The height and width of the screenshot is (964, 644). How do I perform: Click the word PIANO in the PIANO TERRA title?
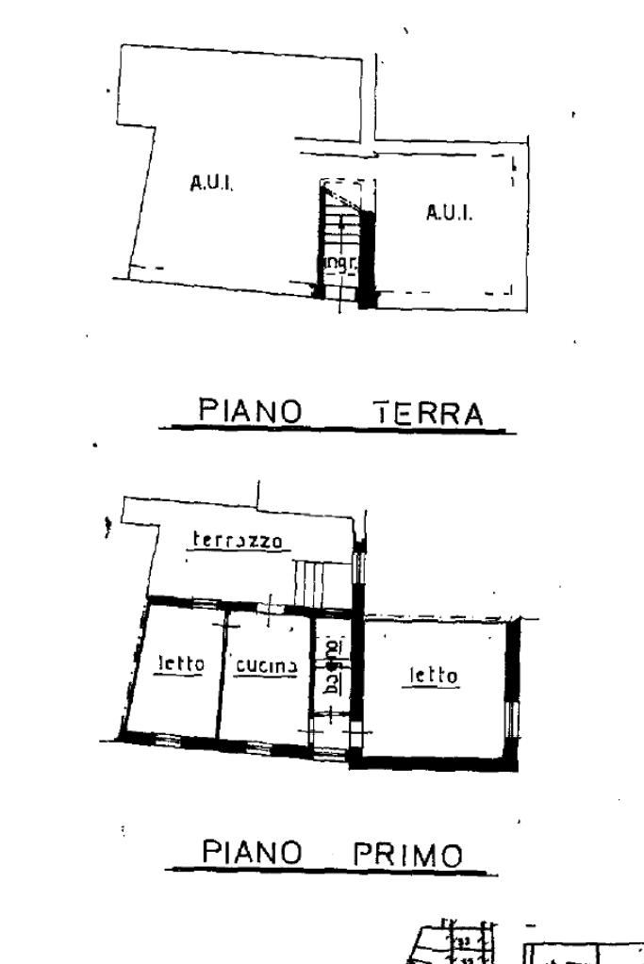coord(250,412)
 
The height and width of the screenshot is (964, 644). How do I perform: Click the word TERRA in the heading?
coord(428,413)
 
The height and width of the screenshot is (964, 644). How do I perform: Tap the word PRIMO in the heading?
coord(409,856)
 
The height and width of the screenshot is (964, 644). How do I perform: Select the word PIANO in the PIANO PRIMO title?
coord(253,853)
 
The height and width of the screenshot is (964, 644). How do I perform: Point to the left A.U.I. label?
coord(212,185)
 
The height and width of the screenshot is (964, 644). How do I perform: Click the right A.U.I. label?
coord(449,213)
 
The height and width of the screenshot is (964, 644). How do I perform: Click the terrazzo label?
coord(238,540)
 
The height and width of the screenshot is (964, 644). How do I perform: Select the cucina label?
coord(267,665)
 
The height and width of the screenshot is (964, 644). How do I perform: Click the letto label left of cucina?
coord(179,664)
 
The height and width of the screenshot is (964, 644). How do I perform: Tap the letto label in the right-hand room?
coord(433,675)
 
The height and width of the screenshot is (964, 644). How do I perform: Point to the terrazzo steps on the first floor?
coord(313,582)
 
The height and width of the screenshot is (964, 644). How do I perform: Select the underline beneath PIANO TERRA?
coord(338,431)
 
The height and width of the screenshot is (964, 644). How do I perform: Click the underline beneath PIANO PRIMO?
coord(330,872)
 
